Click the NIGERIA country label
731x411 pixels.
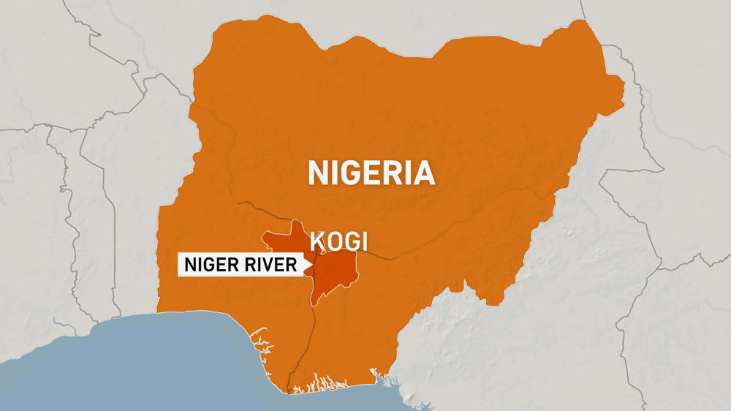pyautogui.click(x=371, y=173)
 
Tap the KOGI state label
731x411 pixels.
pyautogui.click(x=338, y=241)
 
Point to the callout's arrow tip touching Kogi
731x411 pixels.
pyautogui.click(x=313, y=265)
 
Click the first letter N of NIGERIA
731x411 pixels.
pyautogui.click(x=317, y=173)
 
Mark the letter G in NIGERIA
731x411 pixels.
pyautogui.click(x=350, y=173)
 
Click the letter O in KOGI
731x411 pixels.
pyautogui.click(x=333, y=241)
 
